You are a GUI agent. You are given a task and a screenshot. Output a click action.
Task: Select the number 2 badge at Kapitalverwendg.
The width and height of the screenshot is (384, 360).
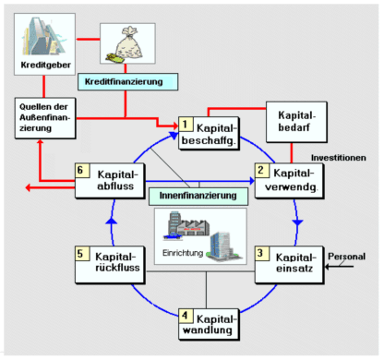(262, 170)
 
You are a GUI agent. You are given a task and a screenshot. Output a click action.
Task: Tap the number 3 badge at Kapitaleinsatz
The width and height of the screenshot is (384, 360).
(262, 253)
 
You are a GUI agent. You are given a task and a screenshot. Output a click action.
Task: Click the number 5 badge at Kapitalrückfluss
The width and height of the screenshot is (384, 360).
(82, 253)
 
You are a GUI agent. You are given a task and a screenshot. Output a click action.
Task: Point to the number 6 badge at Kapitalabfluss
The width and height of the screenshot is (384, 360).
(82, 170)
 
